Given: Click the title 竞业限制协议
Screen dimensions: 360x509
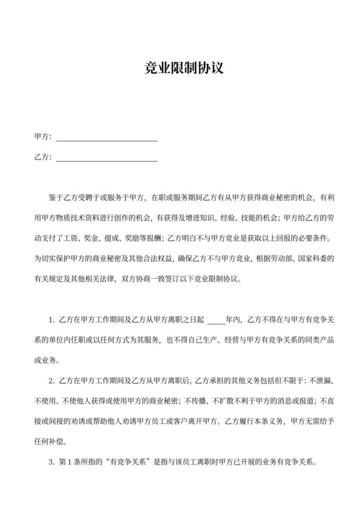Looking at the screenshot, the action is pos(179,69).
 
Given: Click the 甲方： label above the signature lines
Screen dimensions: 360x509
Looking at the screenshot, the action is pos(42,137).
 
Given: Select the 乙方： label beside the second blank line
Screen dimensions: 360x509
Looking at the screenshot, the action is pos(42,157).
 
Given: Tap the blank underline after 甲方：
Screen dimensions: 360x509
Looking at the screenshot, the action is pos(107,138).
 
